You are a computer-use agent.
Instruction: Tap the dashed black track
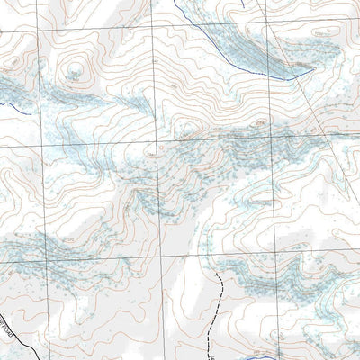pyautogui.click(x=219, y=306)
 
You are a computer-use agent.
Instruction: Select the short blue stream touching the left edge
pyautogui.click(x=7, y=104)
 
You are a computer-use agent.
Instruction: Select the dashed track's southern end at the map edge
pyautogui.click(x=210, y=357)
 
